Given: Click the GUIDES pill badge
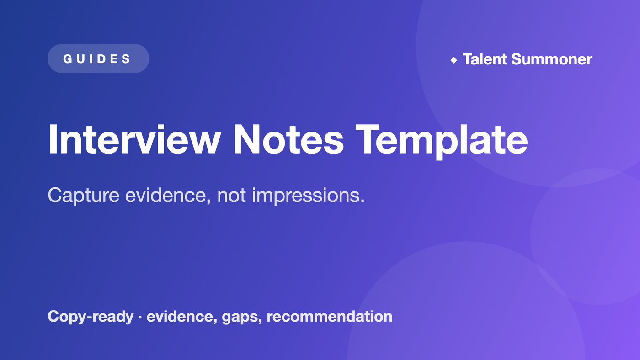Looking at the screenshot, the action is coord(98,58).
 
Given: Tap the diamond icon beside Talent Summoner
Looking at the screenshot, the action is coord(453,60).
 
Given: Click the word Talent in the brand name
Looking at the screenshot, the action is coord(485,59).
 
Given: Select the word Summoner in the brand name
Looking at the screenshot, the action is coord(552,59).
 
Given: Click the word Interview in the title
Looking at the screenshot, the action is coord(134,140).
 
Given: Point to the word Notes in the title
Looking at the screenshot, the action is coord(288,140).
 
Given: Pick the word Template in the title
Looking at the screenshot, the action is coord(442,141).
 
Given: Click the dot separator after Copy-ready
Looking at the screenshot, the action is coord(140,317).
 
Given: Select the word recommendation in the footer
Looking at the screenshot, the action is coord(330,316).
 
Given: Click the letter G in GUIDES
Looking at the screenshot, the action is coord(68,59).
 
